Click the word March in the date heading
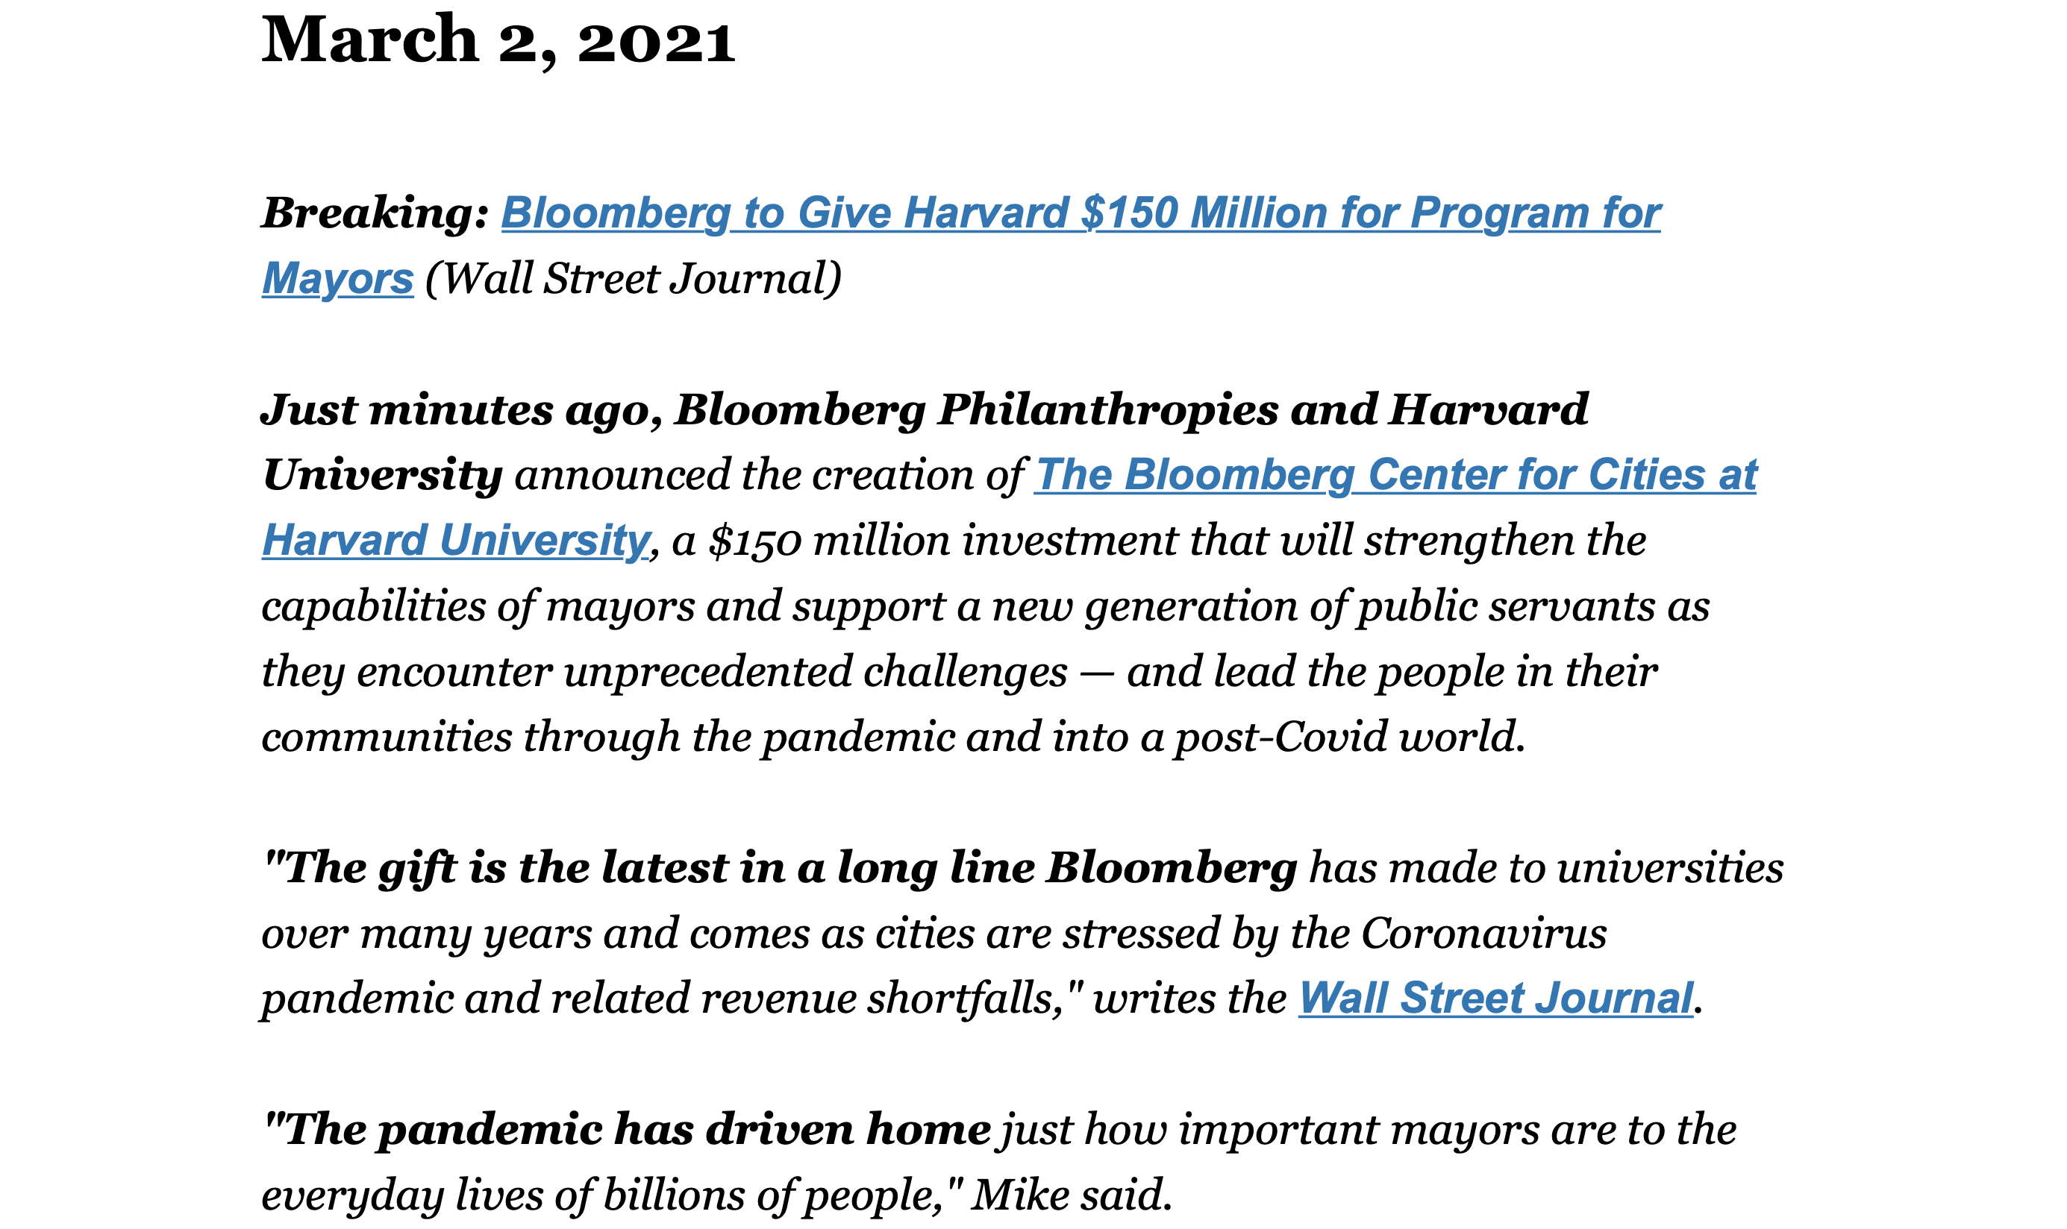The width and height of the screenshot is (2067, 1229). pyautogui.click(x=369, y=39)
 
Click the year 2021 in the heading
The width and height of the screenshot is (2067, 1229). pyautogui.click(x=655, y=42)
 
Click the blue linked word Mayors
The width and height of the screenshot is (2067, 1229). pyautogui.click(x=337, y=278)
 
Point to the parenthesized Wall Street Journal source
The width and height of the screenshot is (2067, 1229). pyautogui.click(x=633, y=278)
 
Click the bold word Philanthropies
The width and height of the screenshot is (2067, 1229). pyautogui.click(x=1107, y=409)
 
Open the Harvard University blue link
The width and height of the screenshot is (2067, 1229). pyautogui.click(x=456, y=540)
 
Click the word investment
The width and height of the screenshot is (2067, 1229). pyautogui.click(x=1069, y=540)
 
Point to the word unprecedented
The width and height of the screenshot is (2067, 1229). pyautogui.click(x=707, y=671)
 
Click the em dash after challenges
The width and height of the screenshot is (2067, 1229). pyautogui.click(x=1096, y=673)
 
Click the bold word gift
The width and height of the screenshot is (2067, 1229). pyautogui.click(x=418, y=868)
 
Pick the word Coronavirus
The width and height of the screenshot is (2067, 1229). pyautogui.click(x=1483, y=934)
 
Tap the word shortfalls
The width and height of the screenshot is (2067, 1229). pyautogui.click(x=963, y=998)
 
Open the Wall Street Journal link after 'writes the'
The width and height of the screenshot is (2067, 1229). pyautogui.click(x=1495, y=998)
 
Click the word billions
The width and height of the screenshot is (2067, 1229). pyautogui.click(x=672, y=1195)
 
